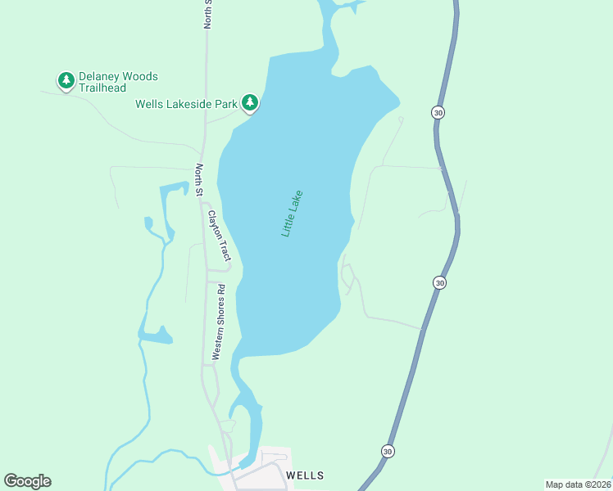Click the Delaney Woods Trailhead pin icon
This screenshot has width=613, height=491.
point(66,80)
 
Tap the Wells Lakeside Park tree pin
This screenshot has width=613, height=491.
point(250,102)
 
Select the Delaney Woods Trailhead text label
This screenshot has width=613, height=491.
point(118,83)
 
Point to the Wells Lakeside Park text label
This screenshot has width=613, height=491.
point(187,104)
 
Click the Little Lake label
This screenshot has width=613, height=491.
point(293,214)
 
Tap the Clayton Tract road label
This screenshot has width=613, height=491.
point(219,236)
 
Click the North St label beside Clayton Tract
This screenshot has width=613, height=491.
point(198,180)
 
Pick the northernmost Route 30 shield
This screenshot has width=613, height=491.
point(438,112)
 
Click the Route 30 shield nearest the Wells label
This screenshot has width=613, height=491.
point(387,451)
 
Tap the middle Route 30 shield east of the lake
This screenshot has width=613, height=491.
point(440,282)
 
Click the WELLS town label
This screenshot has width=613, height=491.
point(305,475)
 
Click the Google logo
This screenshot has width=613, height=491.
point(27,481)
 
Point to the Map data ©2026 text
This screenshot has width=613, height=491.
point(578,484)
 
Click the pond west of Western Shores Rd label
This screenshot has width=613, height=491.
point(156,336)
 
